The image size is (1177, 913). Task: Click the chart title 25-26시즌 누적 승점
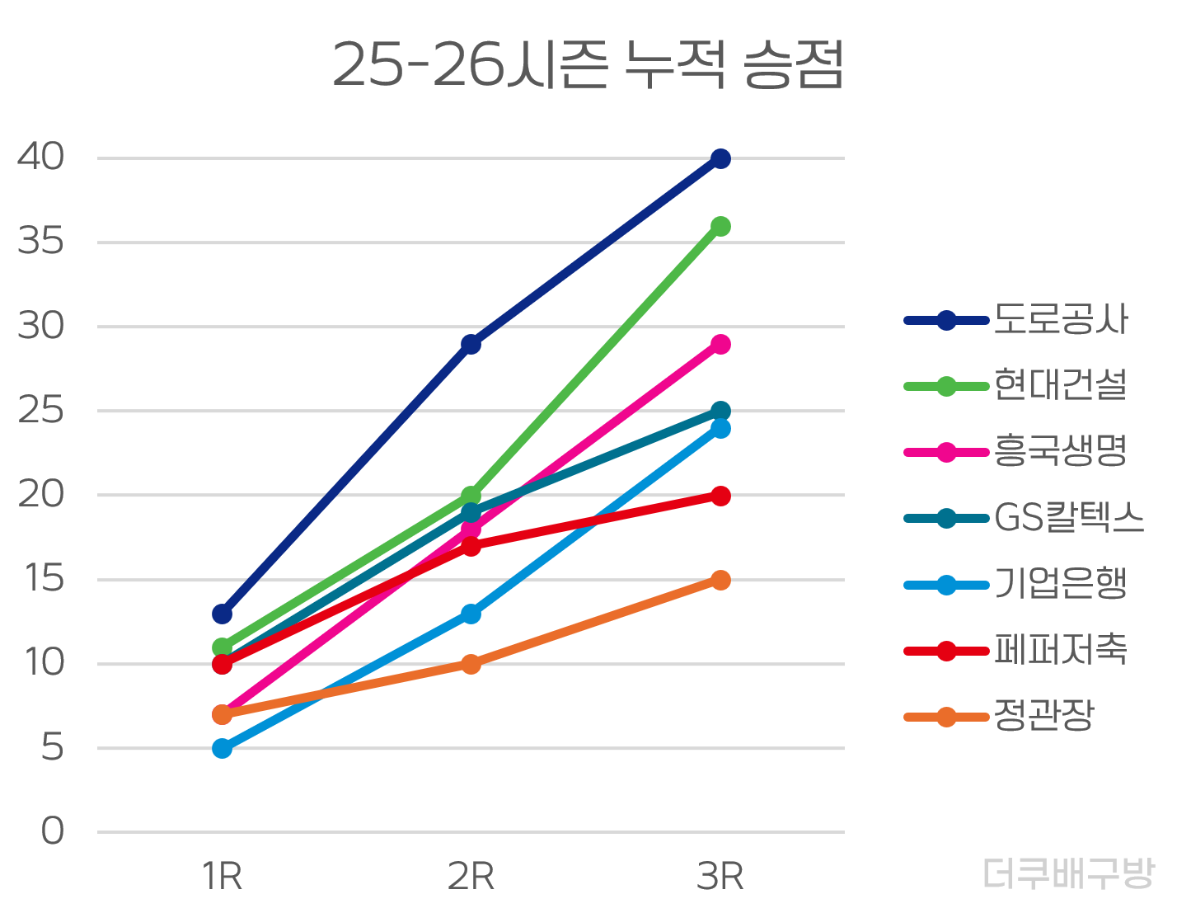(588, 64)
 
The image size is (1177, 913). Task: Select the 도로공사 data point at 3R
(720, 158)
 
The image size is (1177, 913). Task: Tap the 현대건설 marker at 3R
(720, 226)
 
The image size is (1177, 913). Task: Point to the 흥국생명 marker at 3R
(720, 344)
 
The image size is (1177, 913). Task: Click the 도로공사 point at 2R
(471, 344)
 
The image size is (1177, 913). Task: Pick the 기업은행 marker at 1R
(222, 748)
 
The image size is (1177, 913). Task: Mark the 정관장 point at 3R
(720, 580)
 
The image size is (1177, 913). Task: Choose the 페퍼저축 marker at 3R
(720, 496)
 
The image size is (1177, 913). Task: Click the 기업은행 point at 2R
(471, 614)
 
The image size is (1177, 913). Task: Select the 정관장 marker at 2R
(471, 664)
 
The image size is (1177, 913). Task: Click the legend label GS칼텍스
(1069, 518)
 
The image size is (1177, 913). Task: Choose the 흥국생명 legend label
(1060, 452)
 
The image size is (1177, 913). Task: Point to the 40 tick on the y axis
(41, 157)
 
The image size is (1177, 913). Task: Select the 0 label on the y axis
(53, 831)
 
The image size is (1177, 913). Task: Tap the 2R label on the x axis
(471, 877)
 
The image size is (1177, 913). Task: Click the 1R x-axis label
(222, 877)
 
